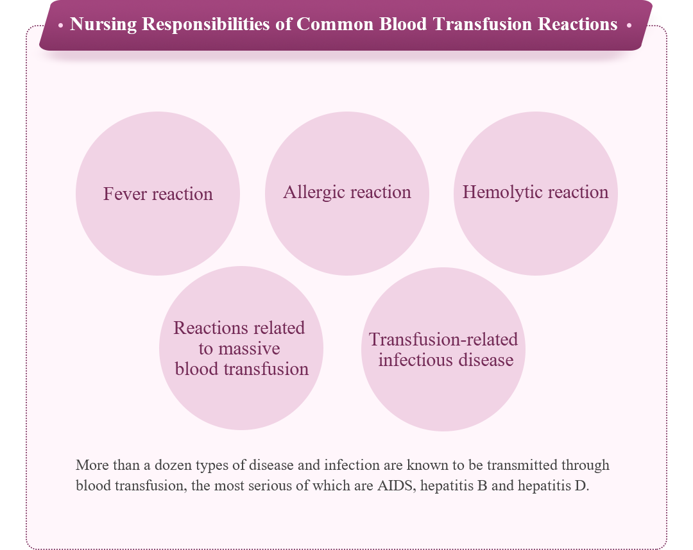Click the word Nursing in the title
(103, 25)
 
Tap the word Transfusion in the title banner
(483, 24)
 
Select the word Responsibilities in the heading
(206, 25)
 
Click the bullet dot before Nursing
(60, 26)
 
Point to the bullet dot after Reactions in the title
(629, 26)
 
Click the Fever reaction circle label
(158, 194)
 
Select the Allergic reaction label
(347, 192)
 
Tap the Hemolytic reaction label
(535, 192)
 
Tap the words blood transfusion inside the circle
(242, 369)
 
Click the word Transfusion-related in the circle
(443, 340)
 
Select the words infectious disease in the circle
(445, 360)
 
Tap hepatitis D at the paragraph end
(553, 485)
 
